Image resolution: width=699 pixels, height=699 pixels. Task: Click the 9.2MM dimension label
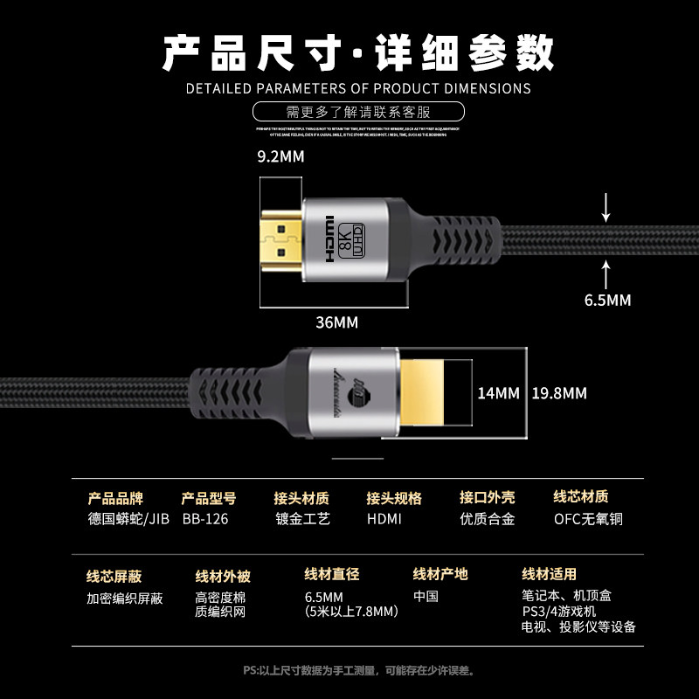[x=280, y=157]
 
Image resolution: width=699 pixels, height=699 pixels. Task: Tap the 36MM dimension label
[x=336, y=322]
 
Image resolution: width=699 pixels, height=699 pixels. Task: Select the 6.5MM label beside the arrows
[x=607, y=300]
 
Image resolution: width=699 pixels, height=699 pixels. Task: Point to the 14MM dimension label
[x=498, y=392]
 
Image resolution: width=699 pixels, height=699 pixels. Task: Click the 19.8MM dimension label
[x=560, y=392]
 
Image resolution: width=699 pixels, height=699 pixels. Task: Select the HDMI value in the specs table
[x=384, y=519]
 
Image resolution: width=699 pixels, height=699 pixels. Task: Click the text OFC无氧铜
[x=588, y=519]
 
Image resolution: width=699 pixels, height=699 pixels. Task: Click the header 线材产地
[x=440, y=574]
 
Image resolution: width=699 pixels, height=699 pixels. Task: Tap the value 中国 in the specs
[x=426, y=596]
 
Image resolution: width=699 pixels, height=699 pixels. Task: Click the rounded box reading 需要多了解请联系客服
[x=358, y=112]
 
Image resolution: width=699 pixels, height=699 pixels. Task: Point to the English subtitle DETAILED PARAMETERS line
[x=358, y=88]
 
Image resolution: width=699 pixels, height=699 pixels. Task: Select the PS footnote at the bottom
[x=358, y=670]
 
